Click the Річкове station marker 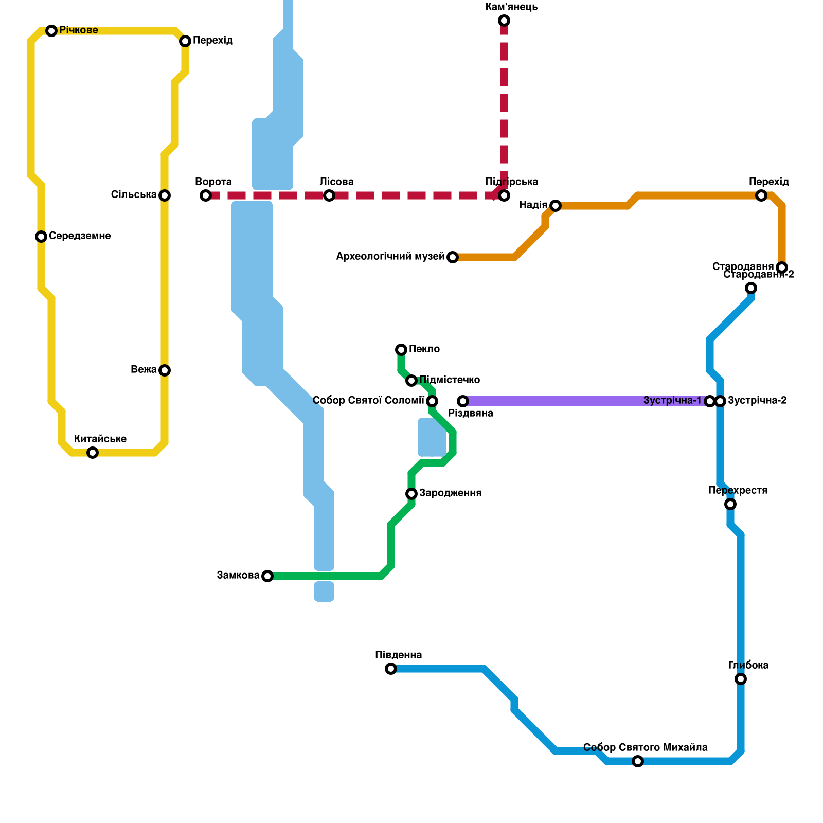tap(51, 31)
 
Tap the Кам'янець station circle tap(504, 21)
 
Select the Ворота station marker tap(206, 195)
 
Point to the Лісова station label tap(336, 182)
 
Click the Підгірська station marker tap(504, 195)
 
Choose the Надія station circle tap(556, 206)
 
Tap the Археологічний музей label tap(390, 256)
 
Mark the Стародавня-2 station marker tap(751, 288)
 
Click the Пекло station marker tap(401, 350)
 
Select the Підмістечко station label tap(450, 380)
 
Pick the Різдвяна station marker tap(463, 401)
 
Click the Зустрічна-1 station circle tap(710, 401)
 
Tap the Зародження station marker tap(411, 494)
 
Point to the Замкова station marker tap(267, 576)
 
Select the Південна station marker tap(391, 669)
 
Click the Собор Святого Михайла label tap(646, 747)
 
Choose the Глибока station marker tap(741, 679)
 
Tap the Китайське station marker tap(93, 453)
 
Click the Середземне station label tap(80, 236)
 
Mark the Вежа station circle tap(165, 370)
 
